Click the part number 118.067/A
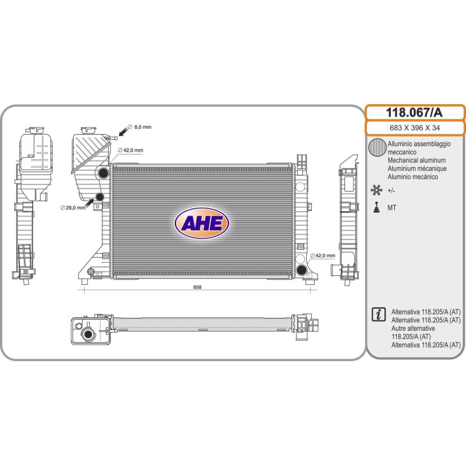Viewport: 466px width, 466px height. pos(414,113)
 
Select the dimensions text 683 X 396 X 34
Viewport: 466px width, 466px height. pos(415,128)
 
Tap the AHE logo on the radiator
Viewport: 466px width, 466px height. pos(201,223)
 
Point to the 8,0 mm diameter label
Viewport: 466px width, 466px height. pos(139,127)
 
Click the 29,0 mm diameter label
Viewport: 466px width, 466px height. pos(72,208)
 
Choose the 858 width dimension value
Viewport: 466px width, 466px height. pos(197,287)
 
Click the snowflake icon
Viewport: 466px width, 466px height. pos(376,190)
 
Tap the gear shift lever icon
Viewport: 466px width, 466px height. pos(377,207)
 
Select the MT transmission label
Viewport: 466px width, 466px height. pos(392,208)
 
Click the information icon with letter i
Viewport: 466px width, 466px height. pos(379,314)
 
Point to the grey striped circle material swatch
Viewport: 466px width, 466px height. pos(377,148)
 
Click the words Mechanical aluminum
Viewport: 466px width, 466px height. pos(417,161)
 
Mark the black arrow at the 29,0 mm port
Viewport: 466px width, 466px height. pos(89,204)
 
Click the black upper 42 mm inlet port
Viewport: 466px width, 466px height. pos(103,173)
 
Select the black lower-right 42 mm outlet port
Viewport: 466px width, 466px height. pos(302,270)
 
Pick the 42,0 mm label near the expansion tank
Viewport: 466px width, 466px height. pos(131,150)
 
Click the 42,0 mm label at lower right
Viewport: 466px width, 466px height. pos(323,256)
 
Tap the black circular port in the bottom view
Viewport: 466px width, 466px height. pos(88,334)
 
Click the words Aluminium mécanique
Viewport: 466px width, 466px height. pos(417,168)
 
